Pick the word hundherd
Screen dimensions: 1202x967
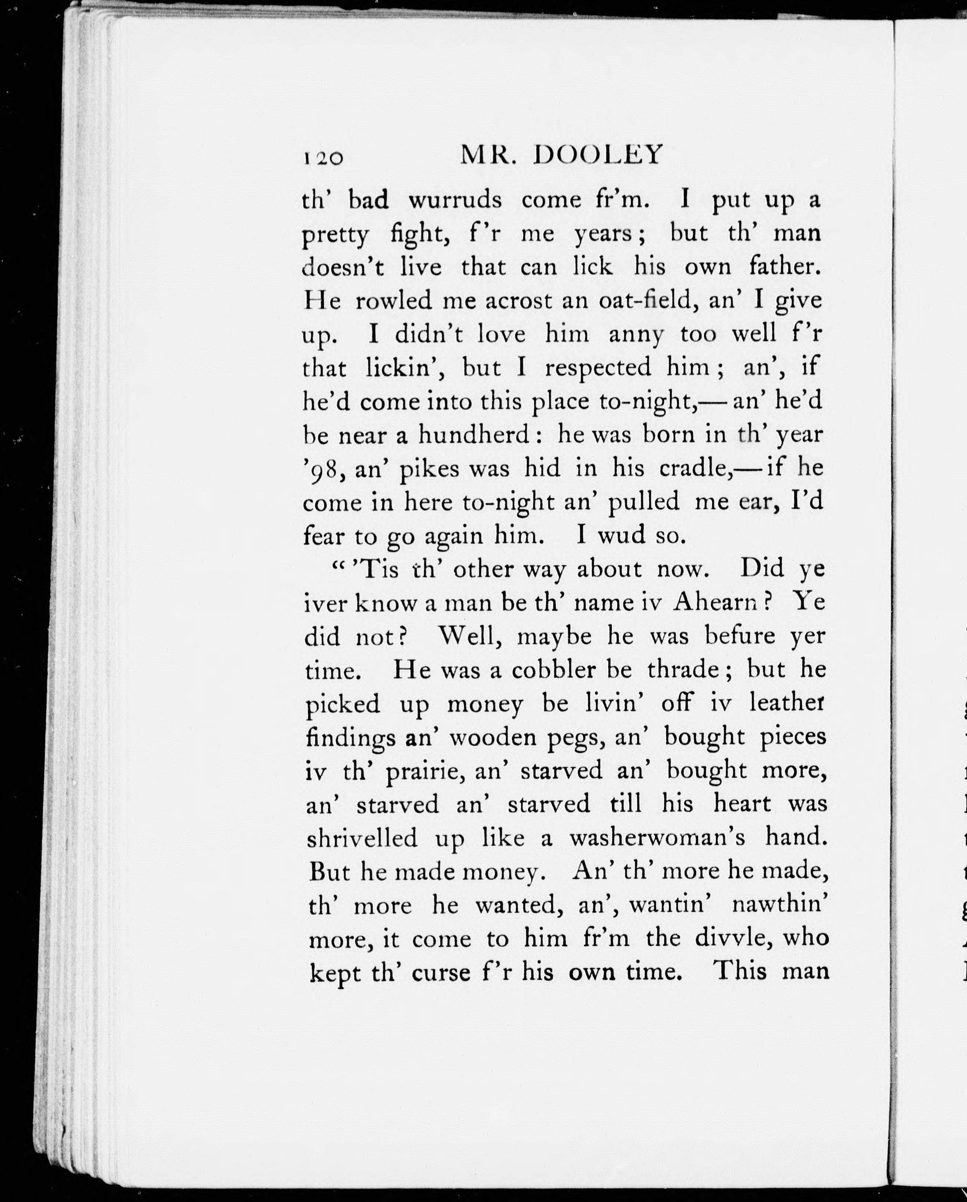[x=474, y=435]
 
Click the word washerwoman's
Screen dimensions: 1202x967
[x=657, y=838]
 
